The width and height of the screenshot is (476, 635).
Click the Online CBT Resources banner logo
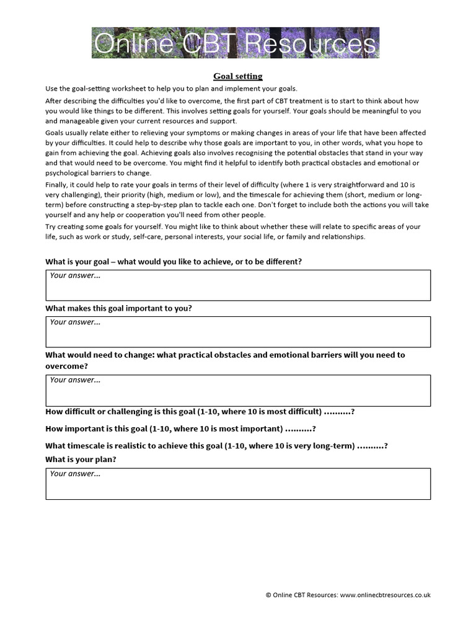click(x=236, y=43)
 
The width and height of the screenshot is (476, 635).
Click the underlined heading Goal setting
click(x=237, y=76)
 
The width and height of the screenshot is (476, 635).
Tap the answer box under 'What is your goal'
click(x=238, y=285)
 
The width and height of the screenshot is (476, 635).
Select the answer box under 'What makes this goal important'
click(x=238, y=332)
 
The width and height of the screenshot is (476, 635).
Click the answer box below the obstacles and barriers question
click(x=238, y=390)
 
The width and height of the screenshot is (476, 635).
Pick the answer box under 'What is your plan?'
click(x=238, y=484)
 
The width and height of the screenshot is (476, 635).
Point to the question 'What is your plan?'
click(x=81, y=460)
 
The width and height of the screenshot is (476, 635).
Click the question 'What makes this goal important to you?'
click(x=118, y=308)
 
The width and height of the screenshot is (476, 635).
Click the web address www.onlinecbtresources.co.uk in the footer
click(x=385, y=595)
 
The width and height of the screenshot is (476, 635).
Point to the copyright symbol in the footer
click(x=268, y=595)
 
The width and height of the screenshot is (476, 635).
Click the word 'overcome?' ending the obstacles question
click(x=66, y=366)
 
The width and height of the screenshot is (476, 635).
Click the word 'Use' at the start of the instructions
click(x=52, y=89)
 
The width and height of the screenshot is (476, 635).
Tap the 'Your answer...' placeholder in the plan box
click(x=75, y=474)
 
